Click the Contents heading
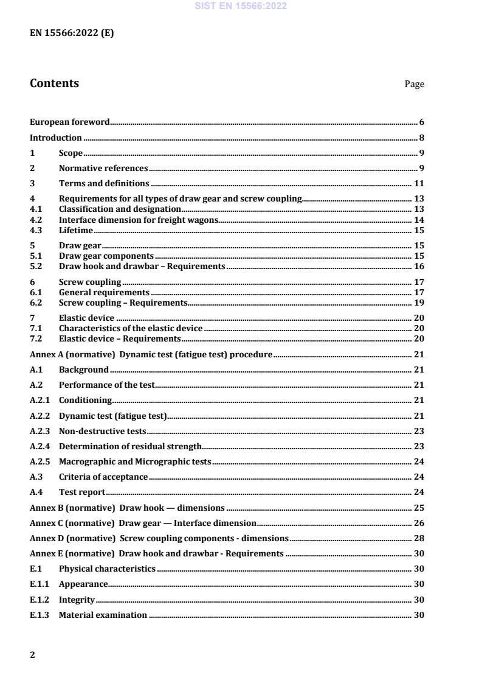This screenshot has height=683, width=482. pos(54,83)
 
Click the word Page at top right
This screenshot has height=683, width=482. pos(414,85)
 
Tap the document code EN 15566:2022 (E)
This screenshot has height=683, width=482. pos(71,33)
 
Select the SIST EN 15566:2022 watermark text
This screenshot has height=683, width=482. pos(240,6)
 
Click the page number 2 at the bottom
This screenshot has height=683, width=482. pos(32,655)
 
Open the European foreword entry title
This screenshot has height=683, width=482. pos(70,122)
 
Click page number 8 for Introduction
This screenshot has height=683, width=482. pos(421,138)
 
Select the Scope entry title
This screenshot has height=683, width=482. pos(71,153)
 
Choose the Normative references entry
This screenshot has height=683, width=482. pos(103,168)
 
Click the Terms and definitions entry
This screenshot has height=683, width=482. pos(104,183)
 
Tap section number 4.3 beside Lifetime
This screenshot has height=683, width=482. pos(36,230)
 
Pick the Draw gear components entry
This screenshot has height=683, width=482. pos(106,256)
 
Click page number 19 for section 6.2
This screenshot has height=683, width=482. pos(419,303)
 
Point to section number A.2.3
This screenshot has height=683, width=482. pos(40,431)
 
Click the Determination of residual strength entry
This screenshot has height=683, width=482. pos(130,446)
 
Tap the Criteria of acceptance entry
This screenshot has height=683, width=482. pos(103,477)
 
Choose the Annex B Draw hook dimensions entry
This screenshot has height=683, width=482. pos(127,508)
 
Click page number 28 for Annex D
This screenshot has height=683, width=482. pos(419,538)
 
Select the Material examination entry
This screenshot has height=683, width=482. pos(103,615)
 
